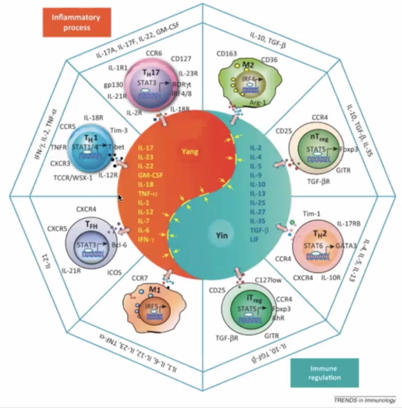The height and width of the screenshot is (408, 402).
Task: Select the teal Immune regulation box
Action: click(324, 372)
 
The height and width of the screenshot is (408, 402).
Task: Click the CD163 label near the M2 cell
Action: click(226, 54)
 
